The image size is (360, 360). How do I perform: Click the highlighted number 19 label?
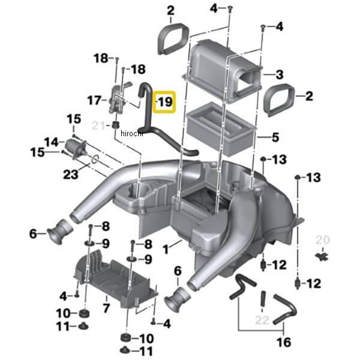(164, 103)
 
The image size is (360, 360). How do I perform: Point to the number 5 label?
(275, 137)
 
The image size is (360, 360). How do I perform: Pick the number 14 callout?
(50, 142)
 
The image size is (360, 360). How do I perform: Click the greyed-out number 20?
(323, 240)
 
